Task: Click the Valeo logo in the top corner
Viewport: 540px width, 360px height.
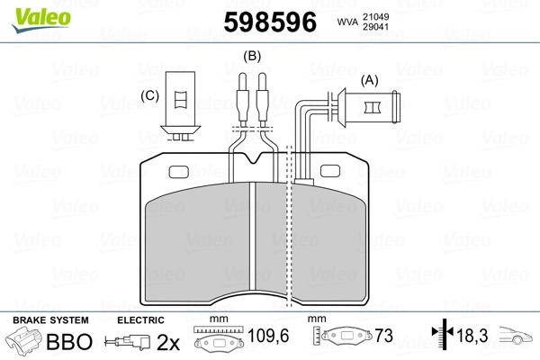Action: [x=41, y=20]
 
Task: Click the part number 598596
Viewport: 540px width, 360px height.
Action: [x=270, y=22]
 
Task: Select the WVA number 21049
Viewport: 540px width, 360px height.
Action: [x=375, y=16]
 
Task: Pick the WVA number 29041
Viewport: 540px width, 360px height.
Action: [x=375, y=27]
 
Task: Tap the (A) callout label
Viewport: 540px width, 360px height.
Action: [x=369, y=80]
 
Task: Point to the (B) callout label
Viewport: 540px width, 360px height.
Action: [x=252, y=56]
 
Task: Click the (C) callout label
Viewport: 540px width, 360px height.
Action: [x=149, y=95]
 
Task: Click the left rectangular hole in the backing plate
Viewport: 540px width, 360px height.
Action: [x=179, y=172]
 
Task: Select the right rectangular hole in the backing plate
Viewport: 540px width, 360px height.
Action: [x=330, y=171]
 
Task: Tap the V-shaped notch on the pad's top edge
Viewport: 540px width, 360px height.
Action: [x=254, y=158]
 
